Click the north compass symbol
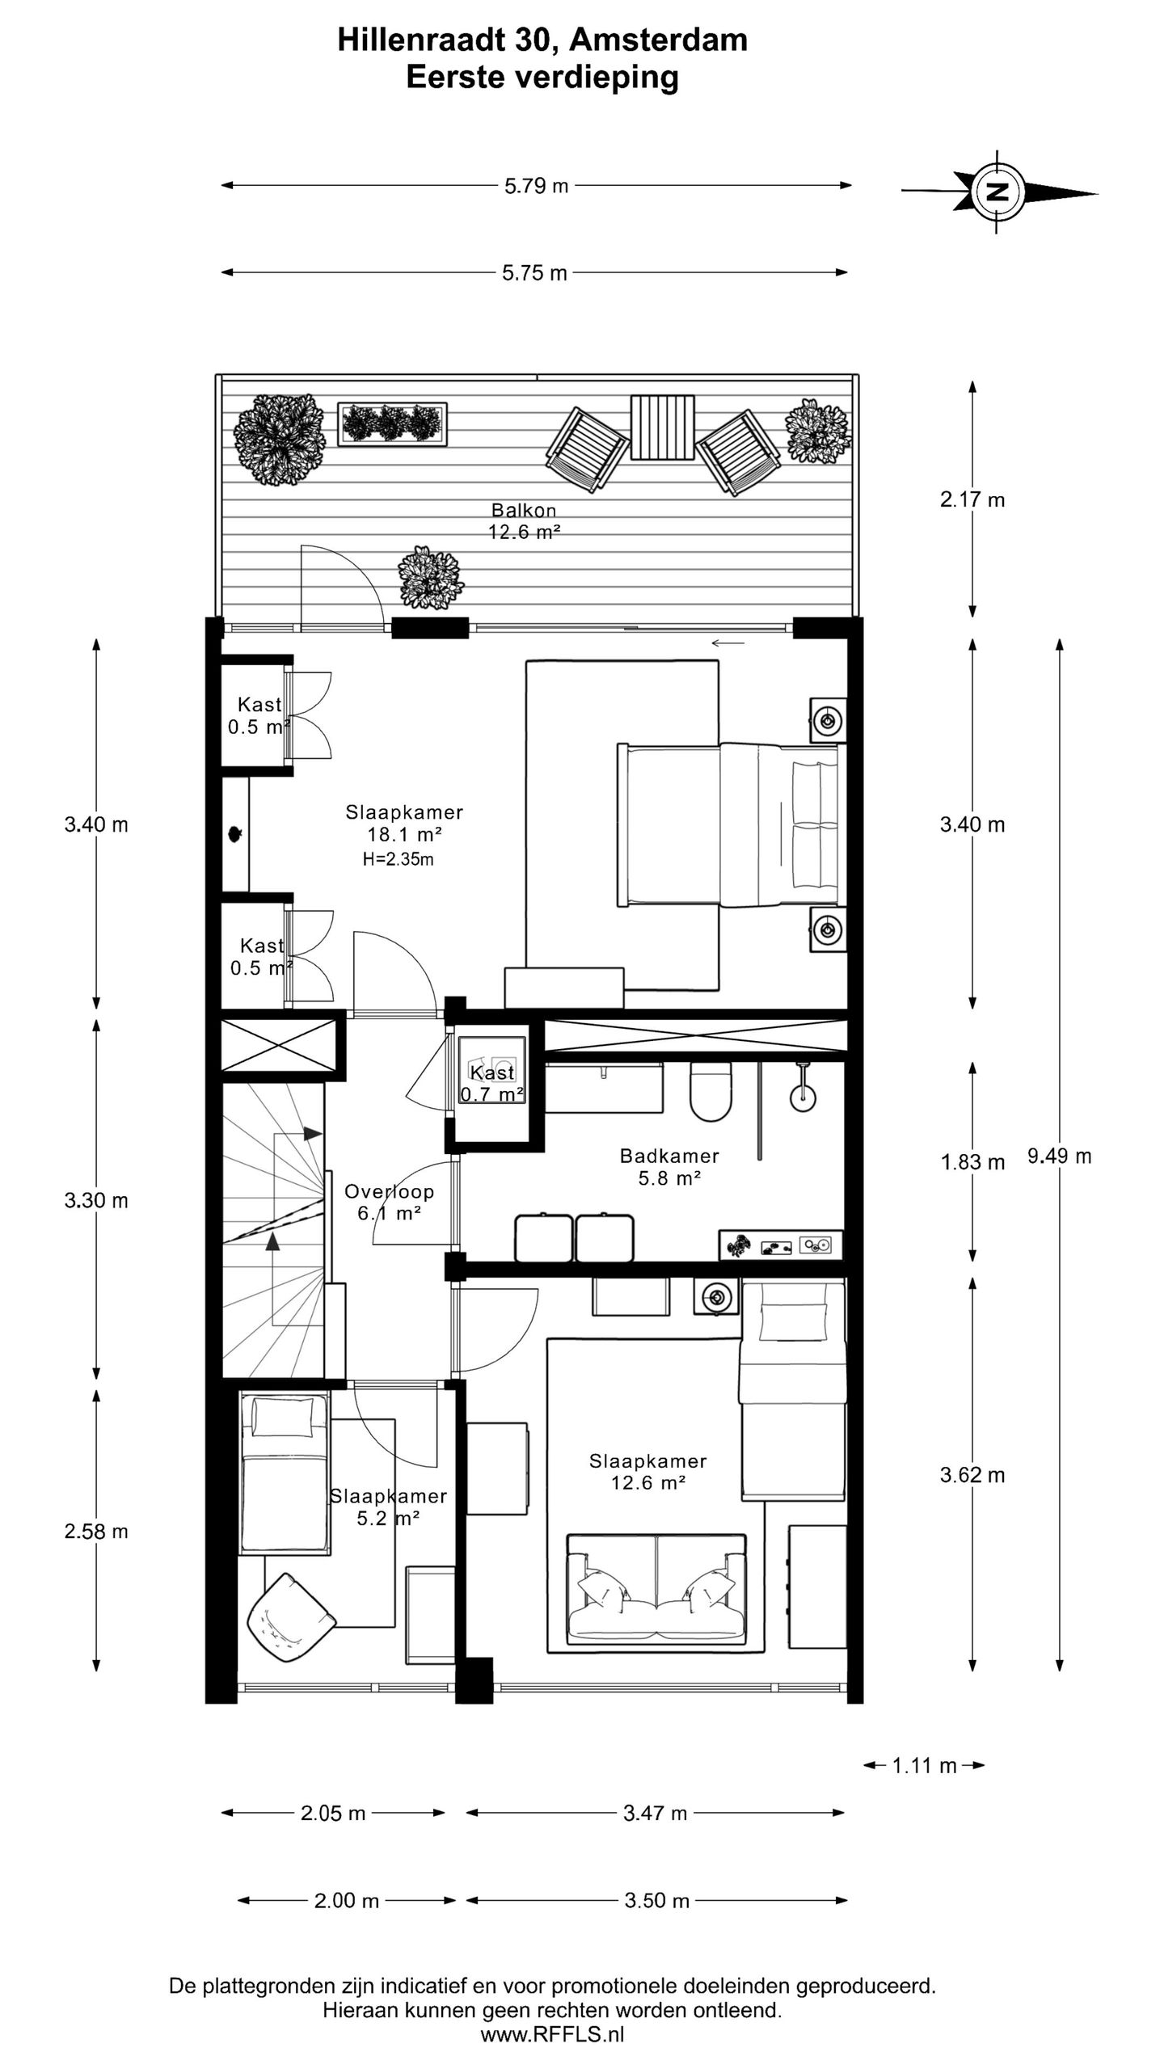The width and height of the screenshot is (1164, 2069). pyautogui.click(x=999, y=192)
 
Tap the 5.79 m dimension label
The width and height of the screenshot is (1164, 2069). pyautogui.click(x=537, y=186)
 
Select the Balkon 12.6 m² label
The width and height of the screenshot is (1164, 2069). pyautogui.click(x=524, y=521)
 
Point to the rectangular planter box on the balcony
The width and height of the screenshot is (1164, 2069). pyautogui.click(x=392, y=422)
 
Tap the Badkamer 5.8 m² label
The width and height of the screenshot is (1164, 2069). pyautogui.click(x=669, y=1167)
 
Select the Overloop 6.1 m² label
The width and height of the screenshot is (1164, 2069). pyautogui.click(x=390, y=1202)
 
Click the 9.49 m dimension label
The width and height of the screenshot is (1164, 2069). pyautogui.click(x=1059, y=1157)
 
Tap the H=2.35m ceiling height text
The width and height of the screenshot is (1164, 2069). pyautogui.click(x=398, y=859)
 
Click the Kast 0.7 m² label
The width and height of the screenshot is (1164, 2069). pyautogui.click(x=492, y=1084)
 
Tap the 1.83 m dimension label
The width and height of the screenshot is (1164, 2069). pyautogui.click(x=972, y=1162)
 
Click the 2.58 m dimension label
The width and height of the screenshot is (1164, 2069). pyautogui.click(x=96, y=1532)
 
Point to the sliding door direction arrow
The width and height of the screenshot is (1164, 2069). pyautogui.click(x=728, y=643)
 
